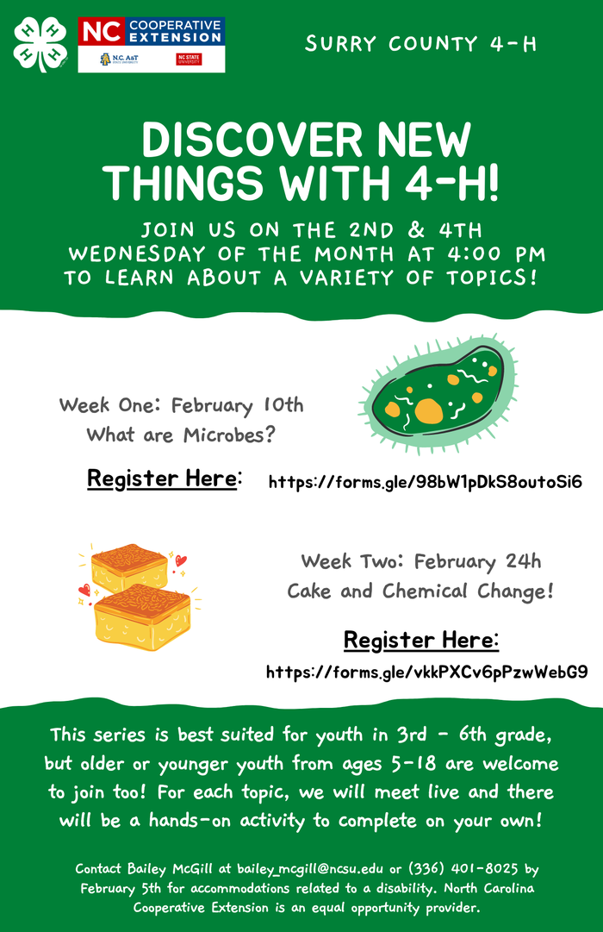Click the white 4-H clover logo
(x=40, y=44)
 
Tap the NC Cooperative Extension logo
(x=152, y=44)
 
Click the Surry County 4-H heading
(x=420, y=44)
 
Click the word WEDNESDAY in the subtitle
(x=138, y=255)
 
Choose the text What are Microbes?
(x=181, y=435)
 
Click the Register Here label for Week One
(x=164, y=479)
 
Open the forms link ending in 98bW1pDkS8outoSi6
(x=426, y=481)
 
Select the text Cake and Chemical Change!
(x=420, y=591)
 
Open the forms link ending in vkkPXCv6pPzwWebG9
(x=426, y=672)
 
